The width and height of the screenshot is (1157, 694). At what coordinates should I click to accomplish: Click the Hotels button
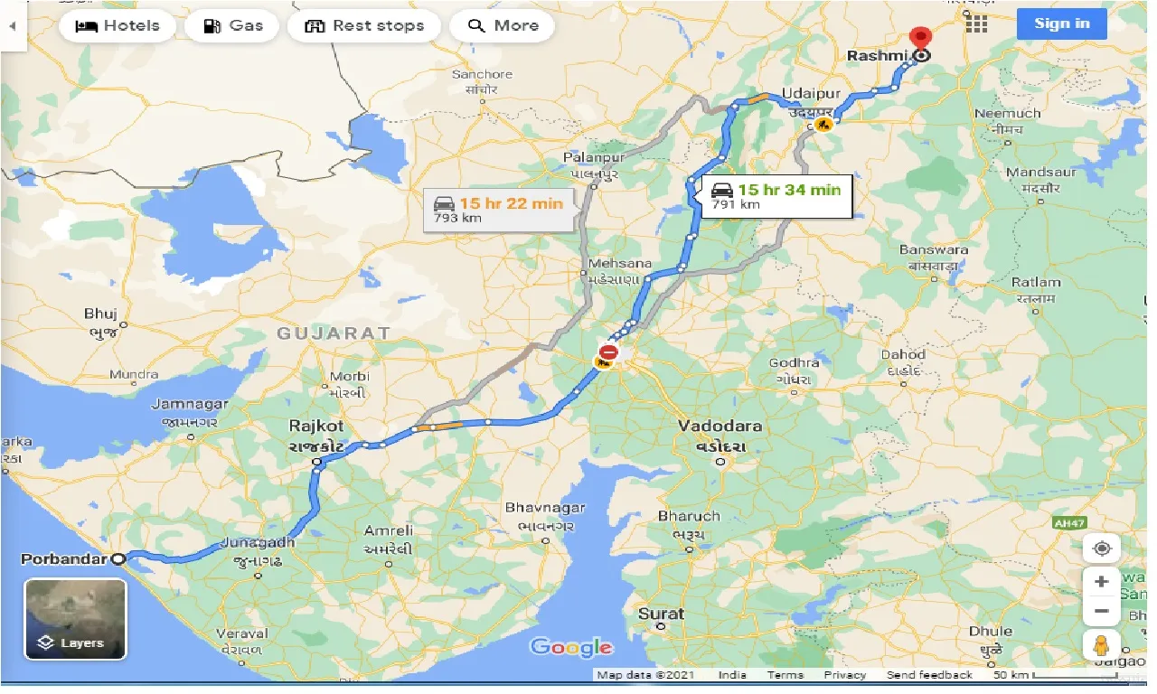click(x=118, y=25)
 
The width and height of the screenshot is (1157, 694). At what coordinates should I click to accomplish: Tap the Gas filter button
click(x=233, y=25)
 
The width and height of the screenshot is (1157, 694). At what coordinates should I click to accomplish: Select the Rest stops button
click(x=364, y=25)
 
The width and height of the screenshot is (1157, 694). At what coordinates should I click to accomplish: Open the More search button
click(x=503, y=25)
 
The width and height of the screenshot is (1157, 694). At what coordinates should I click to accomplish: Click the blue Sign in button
click(x=1061, y=23)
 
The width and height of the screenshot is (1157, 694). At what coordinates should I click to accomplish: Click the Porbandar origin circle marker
click(x=118, y=558)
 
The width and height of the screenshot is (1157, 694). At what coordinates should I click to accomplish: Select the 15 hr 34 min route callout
click(x=776, y=196)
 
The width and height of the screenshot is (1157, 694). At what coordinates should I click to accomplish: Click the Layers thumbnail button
click(x=76, y=619)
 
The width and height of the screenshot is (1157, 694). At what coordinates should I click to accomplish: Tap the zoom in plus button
click(x=1101, y=581)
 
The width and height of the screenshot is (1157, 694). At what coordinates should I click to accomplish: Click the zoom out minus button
click(x=1101, y=611)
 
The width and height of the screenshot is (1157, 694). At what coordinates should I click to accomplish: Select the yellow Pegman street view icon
click(x=1101, y=645)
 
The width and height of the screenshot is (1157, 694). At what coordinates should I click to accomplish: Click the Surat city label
click(x=661, y=614)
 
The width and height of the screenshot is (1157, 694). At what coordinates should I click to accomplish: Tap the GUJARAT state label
click(x=334, y=333)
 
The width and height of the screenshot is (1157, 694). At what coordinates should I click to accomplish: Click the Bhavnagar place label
click(x=545, y=508)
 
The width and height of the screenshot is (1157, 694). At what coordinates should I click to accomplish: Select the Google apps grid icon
click(x=976, y=24)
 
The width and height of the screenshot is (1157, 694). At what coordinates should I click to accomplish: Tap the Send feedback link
click(x=929, y=675)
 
